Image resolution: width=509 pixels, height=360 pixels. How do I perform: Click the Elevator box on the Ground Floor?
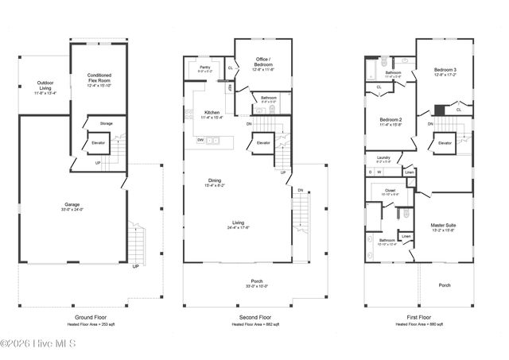click(x=99, y=143)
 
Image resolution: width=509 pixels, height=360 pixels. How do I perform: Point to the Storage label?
click(x=106, y=124)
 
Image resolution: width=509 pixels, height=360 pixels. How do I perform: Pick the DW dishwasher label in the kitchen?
click(x=200, y=140)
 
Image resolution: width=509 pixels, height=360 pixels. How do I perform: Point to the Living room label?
click(x=238, y=225)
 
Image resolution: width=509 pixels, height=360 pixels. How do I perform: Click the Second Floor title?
click(x=254, y=316)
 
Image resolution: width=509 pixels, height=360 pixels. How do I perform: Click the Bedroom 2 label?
click(x=390, y=121)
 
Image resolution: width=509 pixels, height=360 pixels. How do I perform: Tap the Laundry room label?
click(x=383, y=159)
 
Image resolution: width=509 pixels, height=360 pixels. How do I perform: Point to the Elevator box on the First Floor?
click(x=444, y=143)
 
